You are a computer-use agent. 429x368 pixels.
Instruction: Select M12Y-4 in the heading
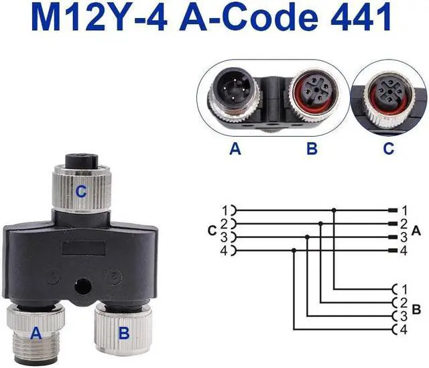tap(99, 17)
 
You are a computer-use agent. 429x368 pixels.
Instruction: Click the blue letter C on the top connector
tap(80, 192)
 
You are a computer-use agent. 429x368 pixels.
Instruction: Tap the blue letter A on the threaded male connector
tap(36, 334)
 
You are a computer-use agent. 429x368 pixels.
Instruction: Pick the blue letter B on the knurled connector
tap(124, 334)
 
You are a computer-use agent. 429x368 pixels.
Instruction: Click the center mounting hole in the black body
tap(82, 288)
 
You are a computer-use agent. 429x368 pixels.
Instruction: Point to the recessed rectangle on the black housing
tap(84, 247)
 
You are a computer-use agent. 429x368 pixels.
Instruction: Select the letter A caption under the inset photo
tap(235, 149)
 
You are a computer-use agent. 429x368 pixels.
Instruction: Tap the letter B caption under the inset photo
tap(312, 149)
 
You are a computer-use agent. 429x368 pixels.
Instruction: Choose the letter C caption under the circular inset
tap(389, 149)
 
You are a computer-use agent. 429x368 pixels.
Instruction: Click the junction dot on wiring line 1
tap(334, 210)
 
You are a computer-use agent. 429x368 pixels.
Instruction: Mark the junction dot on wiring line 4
tap(294, 250)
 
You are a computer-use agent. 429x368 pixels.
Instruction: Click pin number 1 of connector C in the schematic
tap(225, 210)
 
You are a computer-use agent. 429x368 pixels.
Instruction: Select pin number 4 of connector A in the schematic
tap(404, 251)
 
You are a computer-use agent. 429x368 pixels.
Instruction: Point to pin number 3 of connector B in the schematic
tap(404, 316)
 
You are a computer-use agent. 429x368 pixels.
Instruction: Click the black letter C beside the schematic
tap(212, 231)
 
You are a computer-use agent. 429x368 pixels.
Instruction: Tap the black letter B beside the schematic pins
tap(416, 310)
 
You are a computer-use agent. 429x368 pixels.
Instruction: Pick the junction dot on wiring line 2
tap(320, 223)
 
